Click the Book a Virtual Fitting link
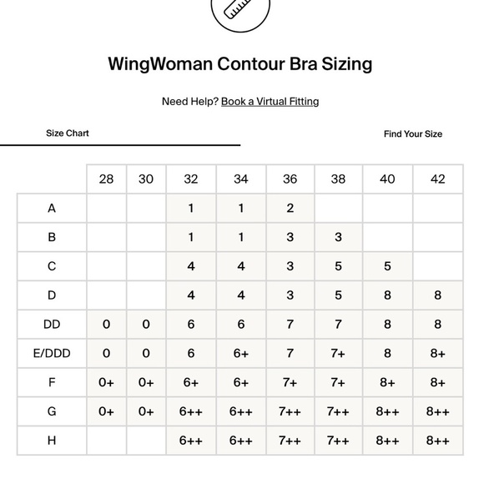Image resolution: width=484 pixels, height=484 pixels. pyautogui.click(x=270, y=102)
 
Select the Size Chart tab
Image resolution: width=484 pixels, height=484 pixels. pyautogui.click(x=68, y=134)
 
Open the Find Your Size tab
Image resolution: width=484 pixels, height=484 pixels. pyautogui.click(x=413, y=134)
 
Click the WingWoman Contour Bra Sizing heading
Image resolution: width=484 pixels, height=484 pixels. pyautogui.click(x=240, y=64)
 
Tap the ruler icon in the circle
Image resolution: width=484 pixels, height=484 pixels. pyautogui.click(x=240, y=11)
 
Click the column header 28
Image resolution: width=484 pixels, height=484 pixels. pyautogui.click(x=106, y=179)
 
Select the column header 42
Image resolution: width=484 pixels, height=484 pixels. pyautogui.click(x=437, y=179)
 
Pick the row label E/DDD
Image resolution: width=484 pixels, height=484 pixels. pyautogui.click(x=52, y=354)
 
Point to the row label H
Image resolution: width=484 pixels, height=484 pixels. pyautogui.click(x=52, y=441)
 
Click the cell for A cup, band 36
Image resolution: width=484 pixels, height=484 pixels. pyautogui.click(x=290, y=209)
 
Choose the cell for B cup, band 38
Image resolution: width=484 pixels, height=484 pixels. pyautogui.click(x=338, y=237)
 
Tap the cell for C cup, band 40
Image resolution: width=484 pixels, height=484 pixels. pyautogui.click(x=387, y=267)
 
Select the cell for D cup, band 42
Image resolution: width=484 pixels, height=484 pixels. pyautogui.click(x=437, y=295)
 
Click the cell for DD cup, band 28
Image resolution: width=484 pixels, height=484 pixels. pyautogui.click(x=106, y=325)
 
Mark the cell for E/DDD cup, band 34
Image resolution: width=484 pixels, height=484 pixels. pyautogui.click(x=241, y=354)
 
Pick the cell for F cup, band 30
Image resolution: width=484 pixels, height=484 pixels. pyautogui.click(x=146, y=383)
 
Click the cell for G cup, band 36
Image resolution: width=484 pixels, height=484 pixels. pyautogui.click(x=290, y=411)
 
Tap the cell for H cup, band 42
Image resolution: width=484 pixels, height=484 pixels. pyautogui.click(x=437, y=441)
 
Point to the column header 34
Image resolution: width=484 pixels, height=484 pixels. pyautogui.click(x=241, y=179)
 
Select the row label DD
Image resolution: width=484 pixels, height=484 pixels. pyautogui.click(x=52, y=325)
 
